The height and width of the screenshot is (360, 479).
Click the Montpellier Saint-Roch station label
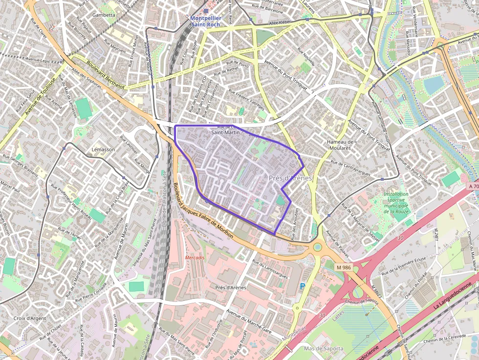pos(205,21)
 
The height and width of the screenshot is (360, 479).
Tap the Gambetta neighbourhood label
pos(104,15)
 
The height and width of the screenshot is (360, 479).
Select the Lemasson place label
pos(103,149)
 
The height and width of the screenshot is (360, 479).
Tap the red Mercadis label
pos(195,257)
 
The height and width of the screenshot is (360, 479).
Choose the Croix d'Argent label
pos(30,318)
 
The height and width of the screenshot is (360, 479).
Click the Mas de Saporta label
pos(324,348)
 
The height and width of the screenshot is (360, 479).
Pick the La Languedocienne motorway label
pos(454,295)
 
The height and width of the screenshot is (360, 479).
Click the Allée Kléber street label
pos(280,22)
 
